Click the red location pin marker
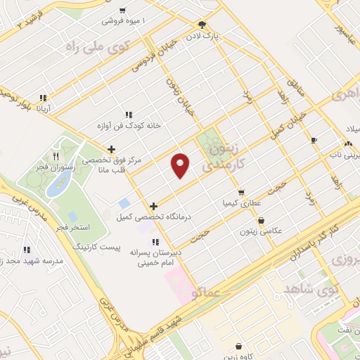(181, 165)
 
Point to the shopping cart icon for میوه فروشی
(122, 11)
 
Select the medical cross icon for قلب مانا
(111, 148)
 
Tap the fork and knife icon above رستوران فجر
(56, 156)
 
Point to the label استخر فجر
(70, 229)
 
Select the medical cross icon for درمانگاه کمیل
(153, 206)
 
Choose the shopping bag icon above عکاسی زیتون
(261, 220)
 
